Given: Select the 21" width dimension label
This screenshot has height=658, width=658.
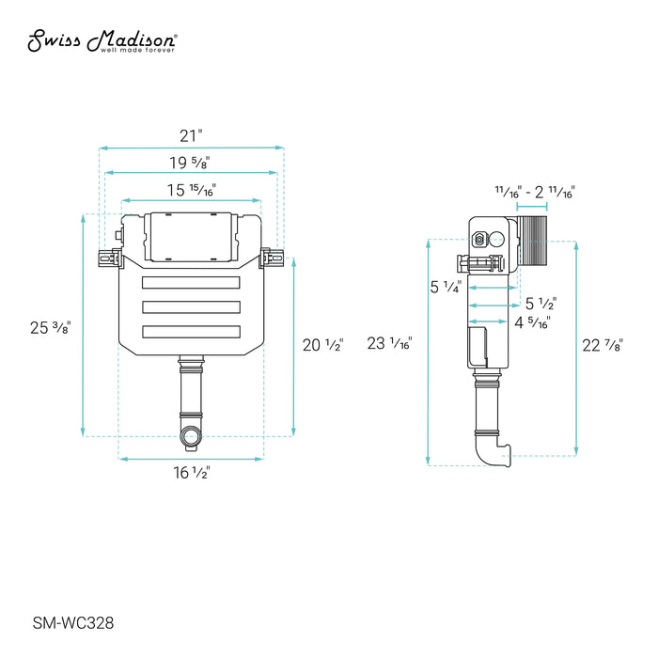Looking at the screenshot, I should coord(192,134).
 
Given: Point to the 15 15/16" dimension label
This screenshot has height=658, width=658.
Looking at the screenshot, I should coord(191,190).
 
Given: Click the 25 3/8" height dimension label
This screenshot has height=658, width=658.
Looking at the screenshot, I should coord(51,328).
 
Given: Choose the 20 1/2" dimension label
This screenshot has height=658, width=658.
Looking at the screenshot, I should coord(322,345).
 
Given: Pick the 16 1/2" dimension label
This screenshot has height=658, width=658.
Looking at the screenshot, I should coord(191,473).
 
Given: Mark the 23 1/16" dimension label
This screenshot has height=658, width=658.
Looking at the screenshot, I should coord(389,343).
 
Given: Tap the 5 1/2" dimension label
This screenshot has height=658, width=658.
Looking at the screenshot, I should coord(540,304).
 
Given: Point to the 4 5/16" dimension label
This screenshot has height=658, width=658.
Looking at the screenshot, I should coord(533,323).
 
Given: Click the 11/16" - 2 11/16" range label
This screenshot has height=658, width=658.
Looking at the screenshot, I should coord(535,191).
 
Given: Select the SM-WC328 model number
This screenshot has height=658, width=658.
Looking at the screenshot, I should coord(73,621).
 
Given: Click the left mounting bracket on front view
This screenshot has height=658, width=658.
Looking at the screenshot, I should coord(110,256).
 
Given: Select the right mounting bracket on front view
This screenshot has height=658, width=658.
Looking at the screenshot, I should coord(273,256).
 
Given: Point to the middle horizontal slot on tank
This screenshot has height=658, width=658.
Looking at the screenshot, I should coord(191,306).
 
